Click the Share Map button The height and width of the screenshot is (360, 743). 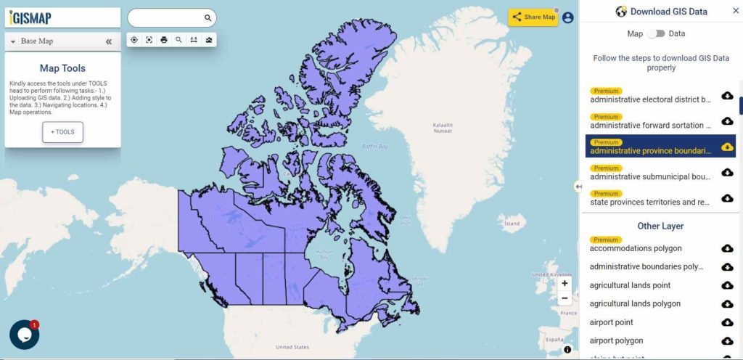tap(533, 17)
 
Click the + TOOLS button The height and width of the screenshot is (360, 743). tap(62, 132)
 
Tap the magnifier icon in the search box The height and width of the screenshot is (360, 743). tap(208, 17)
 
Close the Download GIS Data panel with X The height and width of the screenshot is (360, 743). tap(735, 11)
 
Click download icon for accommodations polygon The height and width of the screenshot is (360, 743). tap(727, 248)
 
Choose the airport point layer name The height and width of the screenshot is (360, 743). tap(612, 322)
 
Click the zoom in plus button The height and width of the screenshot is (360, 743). tap(565, 284)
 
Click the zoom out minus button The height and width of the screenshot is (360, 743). tap(565, 298)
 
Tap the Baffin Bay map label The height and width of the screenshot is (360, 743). tap(375, 147)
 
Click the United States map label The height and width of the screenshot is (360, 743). tap(292, 347)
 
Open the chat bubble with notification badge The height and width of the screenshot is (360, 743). tap(24, 335)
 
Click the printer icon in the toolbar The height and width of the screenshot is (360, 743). tap(164, 40)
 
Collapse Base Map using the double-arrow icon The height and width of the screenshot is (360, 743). tap(109, 41)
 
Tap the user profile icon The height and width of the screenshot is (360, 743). tap(567, 17)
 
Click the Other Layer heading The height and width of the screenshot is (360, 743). tap(660, 226)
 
